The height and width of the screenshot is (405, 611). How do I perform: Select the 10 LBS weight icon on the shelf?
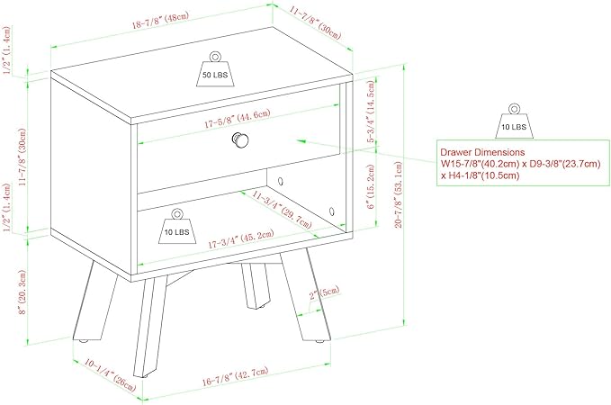pyautogui.click(x=177, y=226)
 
